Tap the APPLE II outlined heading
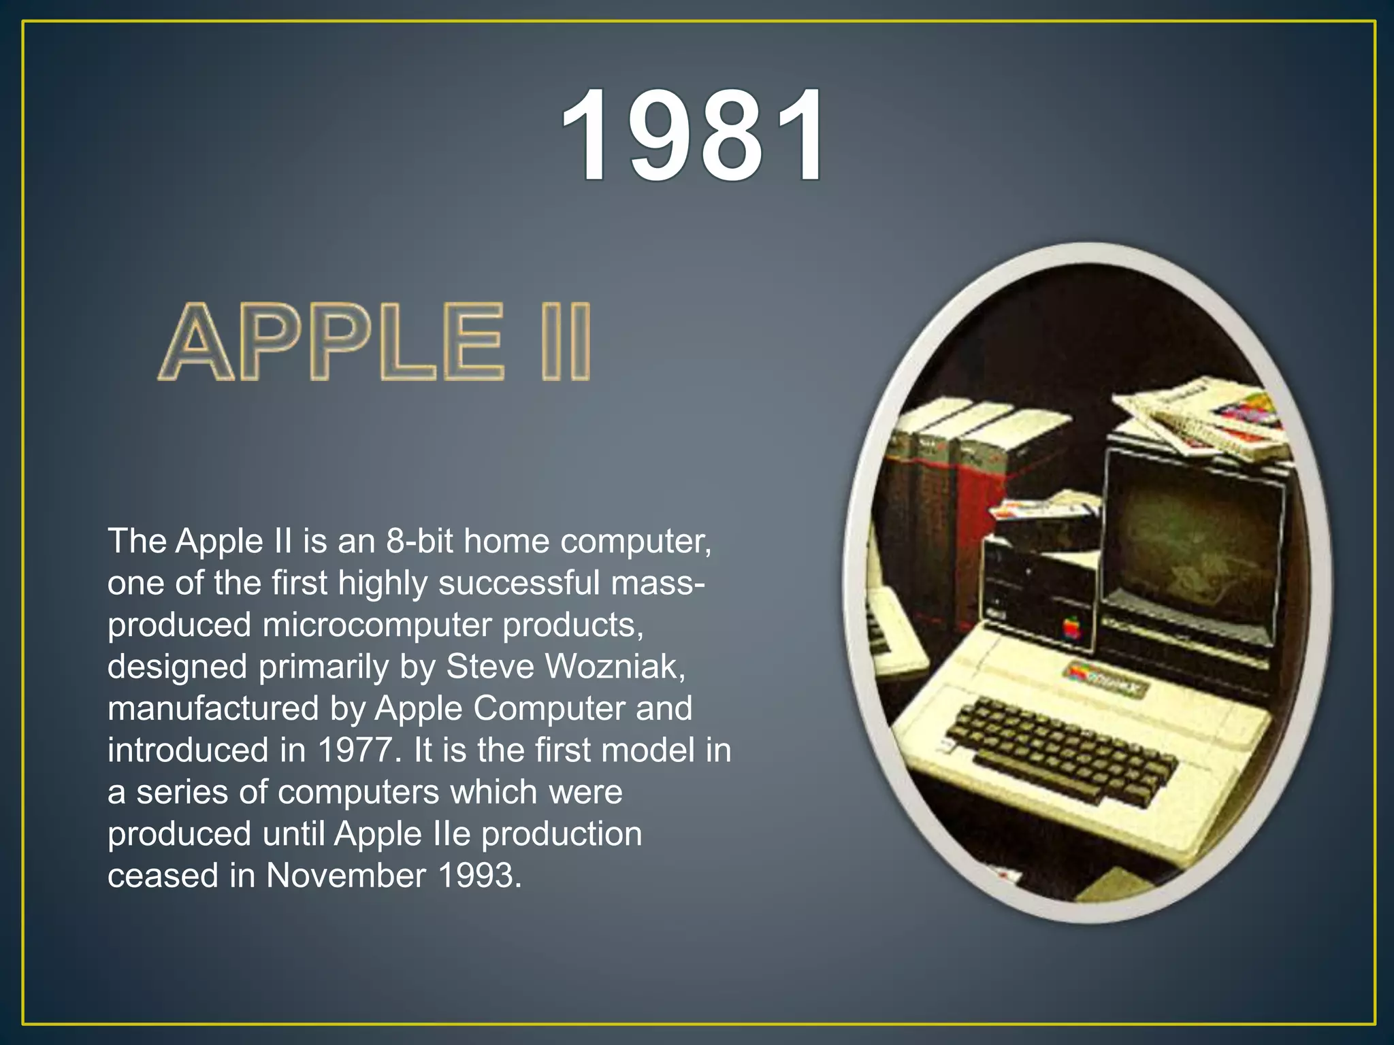point(375,342)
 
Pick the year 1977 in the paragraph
point(356,750)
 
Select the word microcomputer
point(377,625)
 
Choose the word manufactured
point(214,708)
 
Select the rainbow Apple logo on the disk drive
point(1072,627)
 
